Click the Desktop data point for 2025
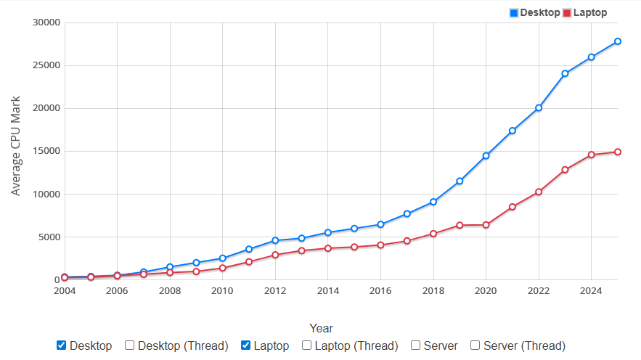[x=617, y=41]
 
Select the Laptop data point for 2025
[x=617, y=152]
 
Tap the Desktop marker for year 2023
[x=565, y=73]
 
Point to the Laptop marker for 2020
[x=486, y=225]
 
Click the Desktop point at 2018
[x=433, y=202]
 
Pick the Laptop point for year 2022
[x=539, y=192]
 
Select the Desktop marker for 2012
[x=275, y=240]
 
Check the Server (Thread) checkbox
[x=475, y=345]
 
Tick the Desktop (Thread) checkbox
[x=130, y=345]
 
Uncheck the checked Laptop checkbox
[x=246, y=345]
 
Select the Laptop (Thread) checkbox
[x=307, y=345]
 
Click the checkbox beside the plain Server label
[x=416, y=345]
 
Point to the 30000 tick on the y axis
[x=46, y=22]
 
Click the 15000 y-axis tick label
[x=46, y=151]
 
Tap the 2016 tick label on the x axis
[x=380, y=291]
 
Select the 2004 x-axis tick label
[x=65, y=291]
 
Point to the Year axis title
[x=321, y=328]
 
